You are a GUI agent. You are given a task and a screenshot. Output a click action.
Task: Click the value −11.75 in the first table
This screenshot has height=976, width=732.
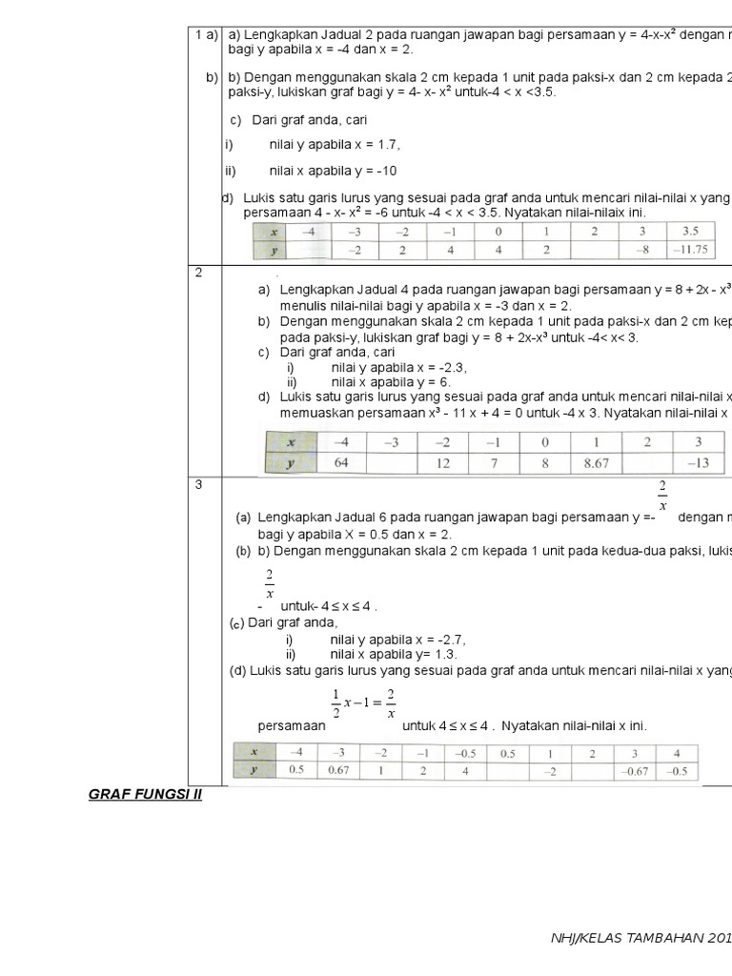[700, 251]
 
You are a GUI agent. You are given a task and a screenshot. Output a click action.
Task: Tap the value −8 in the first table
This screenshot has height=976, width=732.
[642, 251]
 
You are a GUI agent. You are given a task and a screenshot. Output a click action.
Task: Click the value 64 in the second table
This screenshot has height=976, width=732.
[341, 463]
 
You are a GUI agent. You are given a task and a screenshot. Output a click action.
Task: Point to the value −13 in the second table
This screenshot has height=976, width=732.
[700, 463]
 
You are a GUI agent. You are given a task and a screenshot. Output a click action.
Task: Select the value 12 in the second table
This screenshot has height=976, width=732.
[442, 463]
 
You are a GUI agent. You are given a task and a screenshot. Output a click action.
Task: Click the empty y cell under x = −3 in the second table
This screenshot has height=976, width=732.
[391, 463]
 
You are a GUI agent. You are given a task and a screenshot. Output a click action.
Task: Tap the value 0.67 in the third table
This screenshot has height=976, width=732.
[340, 770]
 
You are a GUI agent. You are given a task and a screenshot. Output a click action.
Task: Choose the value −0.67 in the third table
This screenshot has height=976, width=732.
[632, 770]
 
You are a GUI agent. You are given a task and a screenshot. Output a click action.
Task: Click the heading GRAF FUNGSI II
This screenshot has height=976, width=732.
[145, 793]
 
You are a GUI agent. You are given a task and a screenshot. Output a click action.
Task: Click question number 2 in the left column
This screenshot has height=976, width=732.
[199, 273]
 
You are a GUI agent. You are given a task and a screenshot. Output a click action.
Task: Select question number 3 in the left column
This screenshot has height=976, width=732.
[199, 484]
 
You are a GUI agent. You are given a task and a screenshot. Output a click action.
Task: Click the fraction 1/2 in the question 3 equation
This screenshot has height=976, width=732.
[335, 702]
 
